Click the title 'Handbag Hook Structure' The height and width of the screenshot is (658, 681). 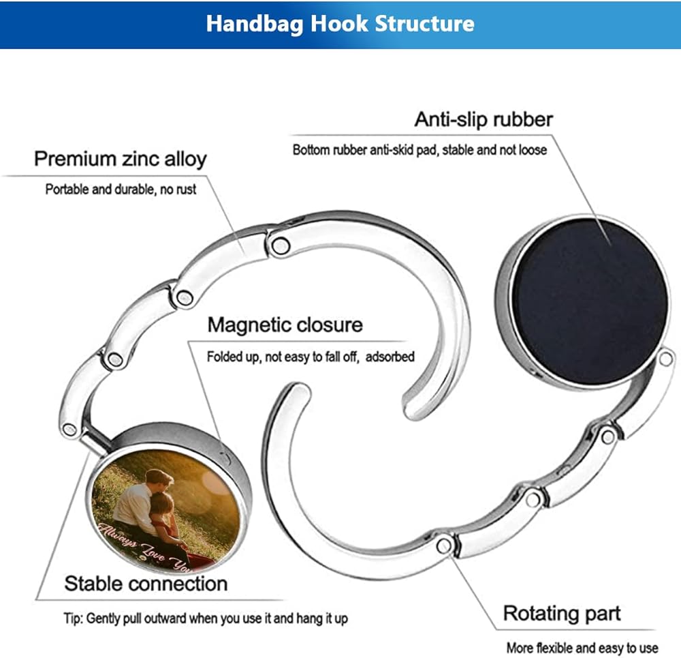pyautogui.click(x=340, y=24)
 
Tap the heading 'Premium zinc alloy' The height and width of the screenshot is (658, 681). pyautogui.click(x=120, y=160)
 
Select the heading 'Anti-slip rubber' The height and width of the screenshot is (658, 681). pyautogui.click(x=484, y=119)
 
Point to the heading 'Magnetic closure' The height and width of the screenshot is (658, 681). pyautogui.click(x=285, y=325)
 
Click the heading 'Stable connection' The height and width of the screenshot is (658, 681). pyautogui.click(x=146, y=584)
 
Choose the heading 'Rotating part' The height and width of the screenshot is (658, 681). pyautogui.click(x=562, y=613)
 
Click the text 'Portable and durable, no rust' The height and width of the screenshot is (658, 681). pyautogui.click(x=121, y=190)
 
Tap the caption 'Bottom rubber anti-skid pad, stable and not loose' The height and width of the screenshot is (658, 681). pyautogui.click(x=419, y=150)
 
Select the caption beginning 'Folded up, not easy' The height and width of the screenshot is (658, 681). pyautogui.click(x=310, y=357)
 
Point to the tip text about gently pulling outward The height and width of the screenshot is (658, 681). pyautogui.click(x=205, y=619)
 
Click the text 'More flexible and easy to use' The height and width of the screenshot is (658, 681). pyautogui.click(x=582, y=647)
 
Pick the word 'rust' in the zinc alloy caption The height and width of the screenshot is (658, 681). pyautogui.click(x=185, y=190)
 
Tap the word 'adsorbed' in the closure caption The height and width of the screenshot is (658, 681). pyautogui.click(x=390, y=357)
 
